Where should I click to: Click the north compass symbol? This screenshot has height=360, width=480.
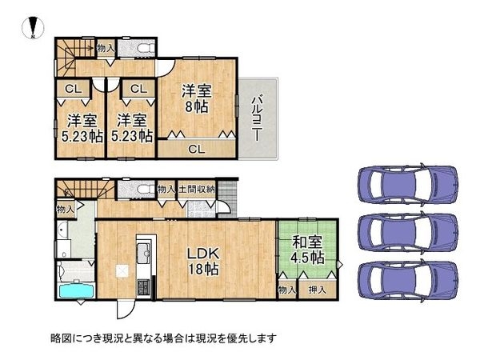[x=33, y=28]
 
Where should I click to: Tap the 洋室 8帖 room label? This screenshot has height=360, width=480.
[x=197, y=98]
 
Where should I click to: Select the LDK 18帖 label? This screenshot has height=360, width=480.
[x=203, y=261]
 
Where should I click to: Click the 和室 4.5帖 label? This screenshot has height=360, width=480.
[x=307, y=250]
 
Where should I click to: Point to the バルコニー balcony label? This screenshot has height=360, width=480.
[x=257, y=118]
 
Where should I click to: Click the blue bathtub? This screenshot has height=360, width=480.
[x=76, y=290]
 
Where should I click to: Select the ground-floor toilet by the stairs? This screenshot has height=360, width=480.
[x=146, y=190]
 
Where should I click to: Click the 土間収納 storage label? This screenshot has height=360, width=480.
[x=197, y=189]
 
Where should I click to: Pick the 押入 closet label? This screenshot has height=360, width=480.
[x=317, y=290]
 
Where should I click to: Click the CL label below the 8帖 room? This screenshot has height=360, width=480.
[x=197, y=150]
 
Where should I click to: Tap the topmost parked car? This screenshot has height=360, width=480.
[x=408, y=185]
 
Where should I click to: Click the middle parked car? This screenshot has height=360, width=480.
[x=408, y=233]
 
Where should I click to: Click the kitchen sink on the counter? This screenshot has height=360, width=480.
[x=143, y=253]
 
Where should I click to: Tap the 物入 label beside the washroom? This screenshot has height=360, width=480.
[x=66, y=210]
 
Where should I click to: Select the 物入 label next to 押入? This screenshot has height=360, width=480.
[x=287, y=290]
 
